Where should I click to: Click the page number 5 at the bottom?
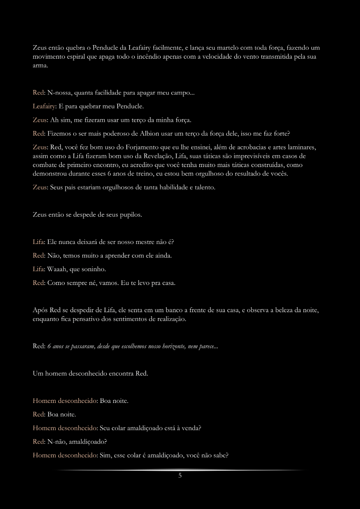click(x=180, y=476)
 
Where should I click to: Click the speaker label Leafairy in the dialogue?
click(x=43, y=106)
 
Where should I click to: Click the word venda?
click(x=190, y=428)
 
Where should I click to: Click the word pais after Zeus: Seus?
click(x=70, y=188)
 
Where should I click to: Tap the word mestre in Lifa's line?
click(x=136, y=242)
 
